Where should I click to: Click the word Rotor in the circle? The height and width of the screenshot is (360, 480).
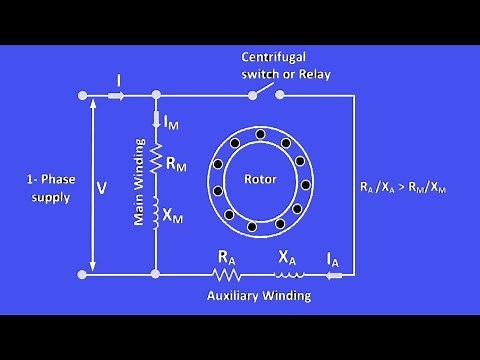[x=259, y=180]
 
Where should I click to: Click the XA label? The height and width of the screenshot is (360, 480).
[x=287, y=256]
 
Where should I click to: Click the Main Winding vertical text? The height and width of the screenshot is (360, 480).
[x=141, y=185]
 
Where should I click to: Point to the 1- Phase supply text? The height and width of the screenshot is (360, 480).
[x=49, y=189]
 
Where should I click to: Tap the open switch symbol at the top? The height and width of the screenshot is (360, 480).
[x=265, y=94]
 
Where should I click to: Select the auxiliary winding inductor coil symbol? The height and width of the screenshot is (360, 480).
[x=288, y=271]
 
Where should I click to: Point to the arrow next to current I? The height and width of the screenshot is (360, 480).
[x=115, y=96]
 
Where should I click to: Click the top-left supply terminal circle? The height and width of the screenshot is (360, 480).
[x=81, y=96]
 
